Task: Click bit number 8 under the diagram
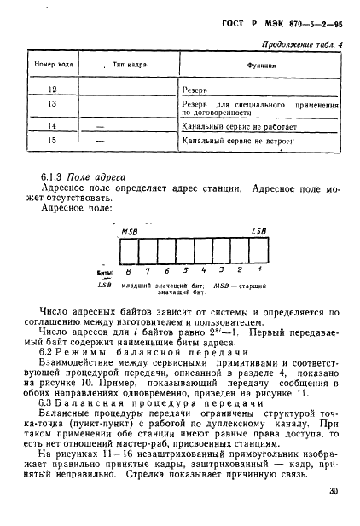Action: pos(129,273)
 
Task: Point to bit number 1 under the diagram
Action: pos(258,273)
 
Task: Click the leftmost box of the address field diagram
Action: pos(129,251)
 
